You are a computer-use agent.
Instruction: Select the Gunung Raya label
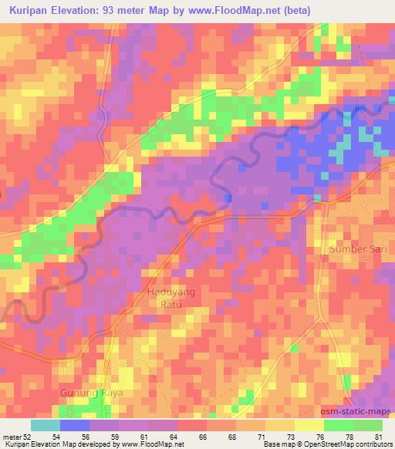click(91, 393)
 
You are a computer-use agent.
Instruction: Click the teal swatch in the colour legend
click(45, 425)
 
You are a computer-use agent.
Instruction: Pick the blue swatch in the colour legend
click(75, 425)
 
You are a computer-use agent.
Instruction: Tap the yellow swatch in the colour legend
click(309, 425)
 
